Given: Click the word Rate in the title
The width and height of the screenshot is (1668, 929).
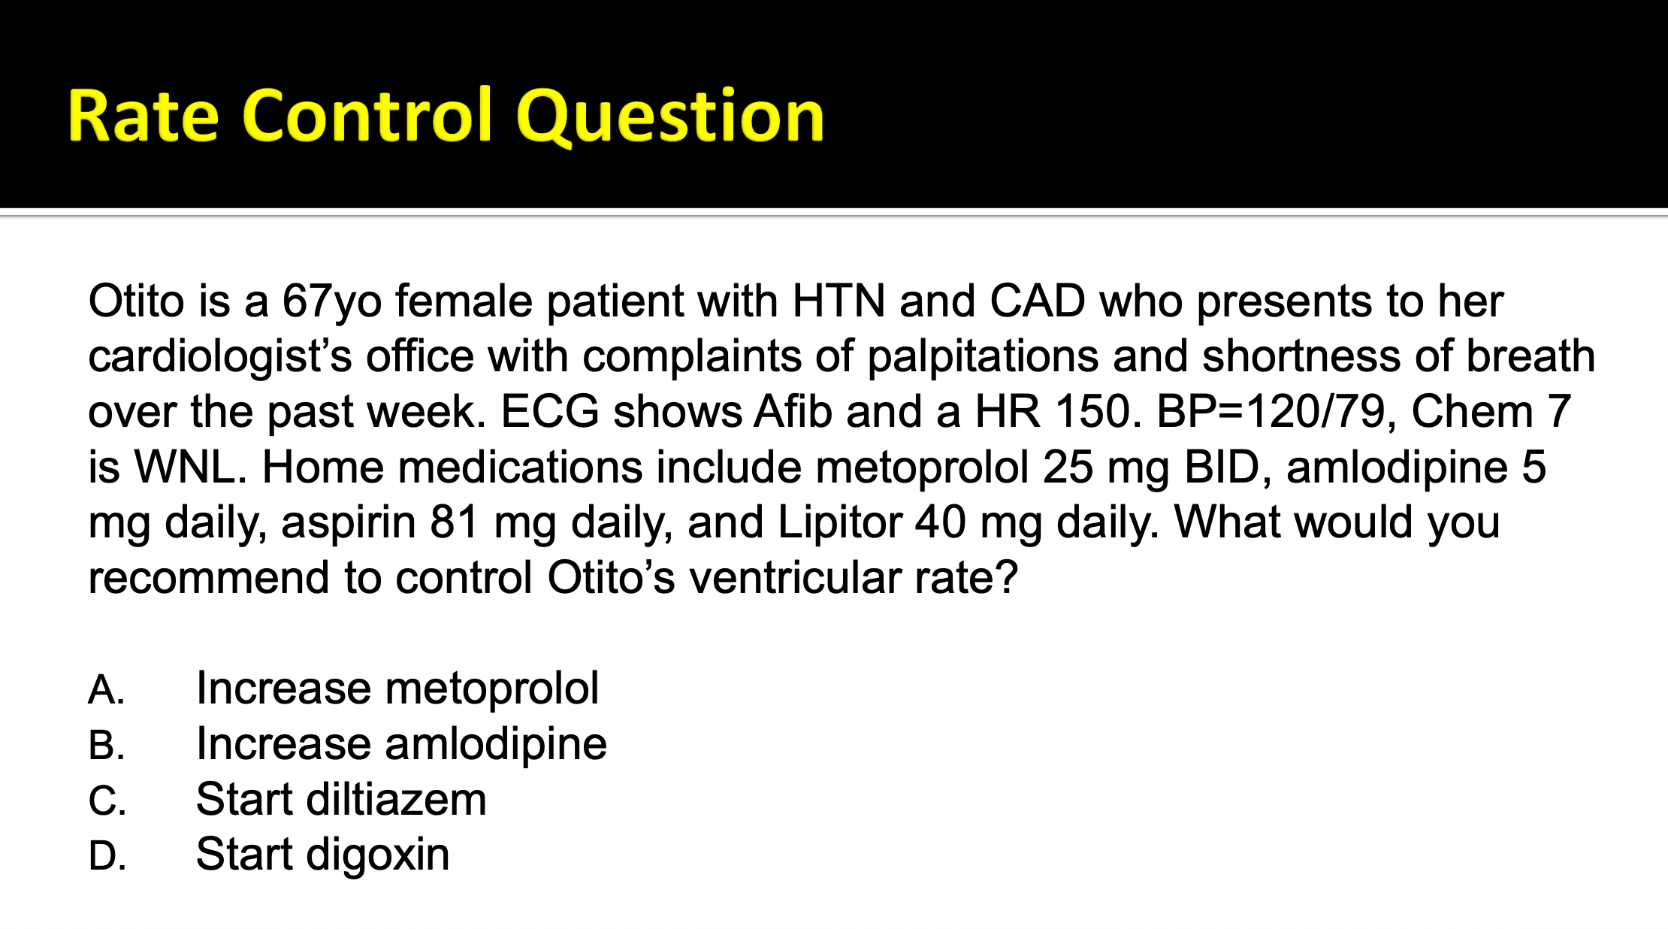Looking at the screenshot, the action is pos(143,116).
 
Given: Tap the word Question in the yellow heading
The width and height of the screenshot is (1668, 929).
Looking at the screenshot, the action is pos(670,117).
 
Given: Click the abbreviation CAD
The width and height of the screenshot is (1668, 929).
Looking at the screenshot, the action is pos(1038,301).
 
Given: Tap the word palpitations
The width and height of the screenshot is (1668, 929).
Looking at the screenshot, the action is pos(984,357).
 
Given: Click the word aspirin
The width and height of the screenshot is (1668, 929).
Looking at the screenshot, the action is pos(349,523).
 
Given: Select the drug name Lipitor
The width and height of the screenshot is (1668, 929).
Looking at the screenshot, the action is pos(839,523).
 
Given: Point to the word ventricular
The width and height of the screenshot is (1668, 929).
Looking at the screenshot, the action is pos(795,577).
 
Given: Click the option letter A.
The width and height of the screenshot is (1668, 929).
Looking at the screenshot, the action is pos(107,689).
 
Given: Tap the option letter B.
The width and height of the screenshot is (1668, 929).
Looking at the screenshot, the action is pos(107,745).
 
